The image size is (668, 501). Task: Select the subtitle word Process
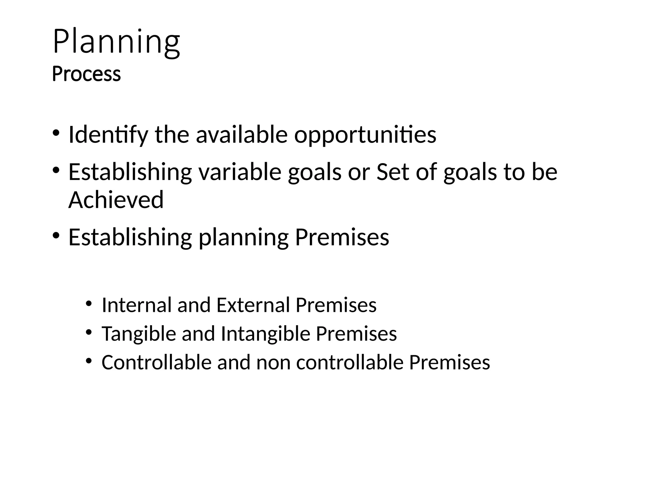tap(86, 74)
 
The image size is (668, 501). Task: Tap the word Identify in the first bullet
tap(108, 135)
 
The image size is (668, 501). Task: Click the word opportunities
tap(365, 135)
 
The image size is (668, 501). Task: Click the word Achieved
tap(116, 200)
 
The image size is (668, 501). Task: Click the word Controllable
tap(156, 362)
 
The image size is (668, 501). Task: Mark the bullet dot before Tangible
tap(88, 332)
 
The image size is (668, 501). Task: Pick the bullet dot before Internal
tap(88, 304)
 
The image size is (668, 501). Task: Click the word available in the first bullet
tap(242, 135)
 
